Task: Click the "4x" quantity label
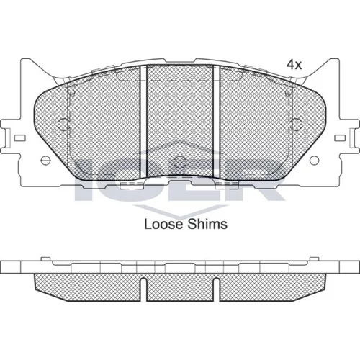pos(294,65)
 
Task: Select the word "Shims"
pos(207,224)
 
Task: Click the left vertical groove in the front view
pos(143,121)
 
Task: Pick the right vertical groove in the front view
pos(217,121)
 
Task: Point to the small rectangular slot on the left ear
pos(20,138)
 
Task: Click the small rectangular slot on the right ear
pos(340,138)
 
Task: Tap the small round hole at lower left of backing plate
pos(45,161)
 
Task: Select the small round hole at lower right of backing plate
pos(314,161)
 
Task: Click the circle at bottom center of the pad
pos(180,162)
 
